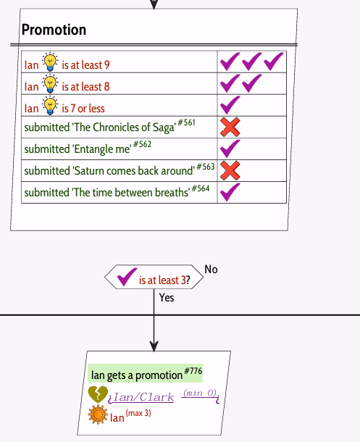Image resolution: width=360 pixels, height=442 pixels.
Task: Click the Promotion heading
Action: pyautogui.click(x=54, y=30)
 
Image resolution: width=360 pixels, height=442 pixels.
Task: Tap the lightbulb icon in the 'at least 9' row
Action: pyautogui.click(x=50, y=62)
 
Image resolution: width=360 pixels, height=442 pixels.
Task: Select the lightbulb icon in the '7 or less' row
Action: pyautogui.click(x=50, y=105)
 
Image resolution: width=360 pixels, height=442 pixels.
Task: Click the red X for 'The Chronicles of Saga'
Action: pyautogui.click(x=230, y=127)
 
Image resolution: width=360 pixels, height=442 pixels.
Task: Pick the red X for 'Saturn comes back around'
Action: pyautogui.click(x=230, y=170)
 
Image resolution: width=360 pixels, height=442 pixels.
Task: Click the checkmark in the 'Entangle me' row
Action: pyautogui.click(x=230, y=149)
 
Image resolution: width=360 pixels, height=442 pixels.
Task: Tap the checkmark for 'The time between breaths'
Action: pyautogui.click(x=230, y=192)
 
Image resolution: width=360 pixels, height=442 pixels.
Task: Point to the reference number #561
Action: pyautogui.click(x=186, y=122)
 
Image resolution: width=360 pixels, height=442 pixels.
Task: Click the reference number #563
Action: pyautogui.click(x=206, y=167)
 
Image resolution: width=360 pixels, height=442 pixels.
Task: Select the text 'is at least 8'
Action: pyautogui.click(x=85, y=87)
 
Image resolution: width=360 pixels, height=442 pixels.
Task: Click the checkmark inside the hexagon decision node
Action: pyautogui.click(x=127, y=277)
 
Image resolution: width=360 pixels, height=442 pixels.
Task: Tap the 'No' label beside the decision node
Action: pyautogui.click(x=211, y=270)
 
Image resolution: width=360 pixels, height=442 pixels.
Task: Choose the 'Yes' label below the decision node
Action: pyautogui.click(x=167, y=298)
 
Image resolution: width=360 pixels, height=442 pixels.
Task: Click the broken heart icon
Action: pyautogui.click(x=98, y=394)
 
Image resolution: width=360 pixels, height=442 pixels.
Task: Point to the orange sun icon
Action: pyautogui.click(x=98, y=414)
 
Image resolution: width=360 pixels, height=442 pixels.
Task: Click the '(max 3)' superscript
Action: pyautogui.click(x=138, y=413)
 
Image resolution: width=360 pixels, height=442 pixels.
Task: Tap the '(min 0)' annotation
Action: pyautogui.click(x=200, y=393)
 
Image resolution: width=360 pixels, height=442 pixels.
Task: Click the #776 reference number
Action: pyautogui.click(x=193, y=371)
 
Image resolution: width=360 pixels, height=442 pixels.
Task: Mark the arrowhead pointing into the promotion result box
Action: pyautogui.click(x=154, y=347)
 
